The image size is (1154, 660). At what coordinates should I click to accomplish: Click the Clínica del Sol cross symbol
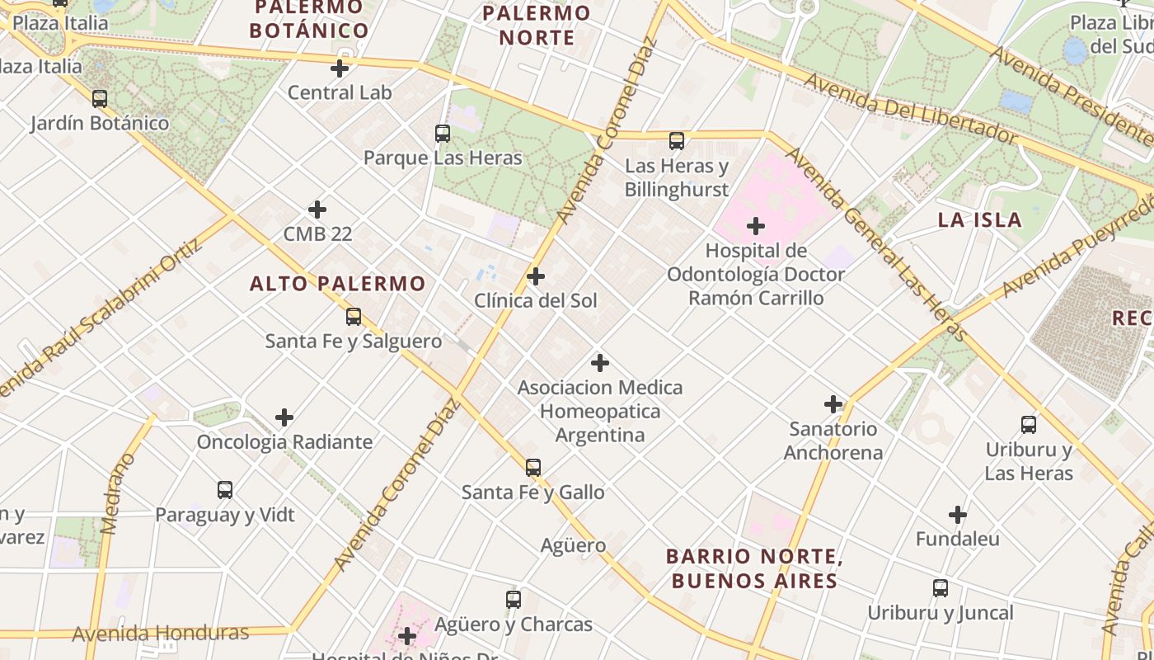coord(536,276)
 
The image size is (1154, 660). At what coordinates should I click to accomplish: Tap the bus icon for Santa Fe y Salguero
coord(354,317)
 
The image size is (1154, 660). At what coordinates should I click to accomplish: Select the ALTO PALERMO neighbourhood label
coord(337,284)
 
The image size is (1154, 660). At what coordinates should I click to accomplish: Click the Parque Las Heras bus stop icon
coord(443,134)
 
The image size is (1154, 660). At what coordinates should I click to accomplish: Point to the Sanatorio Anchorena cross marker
coord(833,404)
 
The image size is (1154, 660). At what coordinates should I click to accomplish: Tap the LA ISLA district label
coord(980,219)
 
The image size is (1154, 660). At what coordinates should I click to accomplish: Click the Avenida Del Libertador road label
coord(910,109)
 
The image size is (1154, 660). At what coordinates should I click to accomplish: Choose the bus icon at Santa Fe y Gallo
coord(533,468)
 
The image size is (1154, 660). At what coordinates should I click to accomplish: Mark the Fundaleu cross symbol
coord(957,516)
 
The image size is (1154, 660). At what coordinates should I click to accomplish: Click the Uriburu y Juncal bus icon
coord(941,588)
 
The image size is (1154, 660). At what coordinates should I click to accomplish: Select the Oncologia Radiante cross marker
coord(284,417)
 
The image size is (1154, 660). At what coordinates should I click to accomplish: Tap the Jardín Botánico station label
coord(100,124)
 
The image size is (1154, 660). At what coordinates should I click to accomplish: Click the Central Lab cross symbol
coord(339,68)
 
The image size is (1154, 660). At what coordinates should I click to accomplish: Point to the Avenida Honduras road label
coord(160,634)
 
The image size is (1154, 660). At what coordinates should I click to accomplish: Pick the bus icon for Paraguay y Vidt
coord(225,490)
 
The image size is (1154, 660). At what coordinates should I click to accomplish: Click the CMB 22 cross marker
coord(317,210)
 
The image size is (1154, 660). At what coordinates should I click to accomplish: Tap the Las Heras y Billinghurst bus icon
coord(677,141)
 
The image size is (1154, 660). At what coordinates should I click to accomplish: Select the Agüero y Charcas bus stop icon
coord(514,600)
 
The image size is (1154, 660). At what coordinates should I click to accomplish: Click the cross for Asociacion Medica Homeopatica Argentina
coord(600,363)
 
